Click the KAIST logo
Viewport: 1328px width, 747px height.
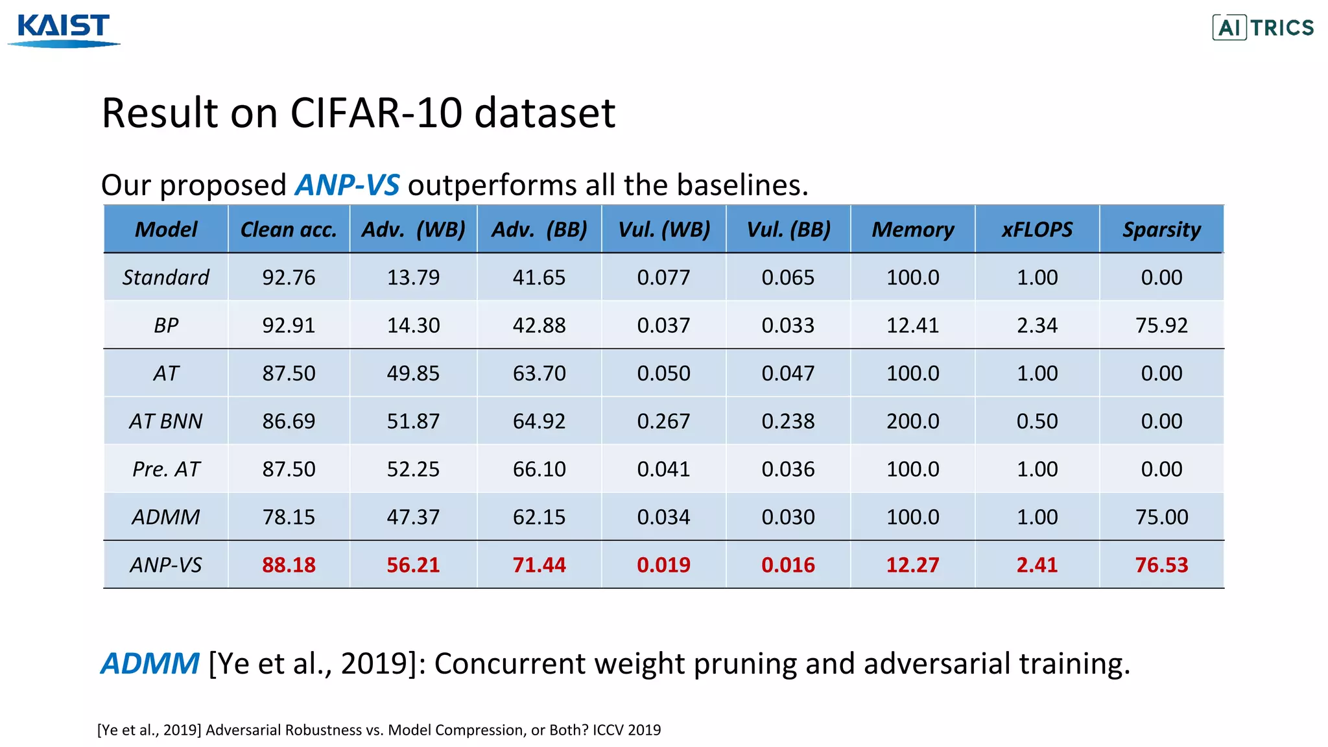click(64, 29)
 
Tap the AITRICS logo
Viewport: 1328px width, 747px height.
click(1263, 28)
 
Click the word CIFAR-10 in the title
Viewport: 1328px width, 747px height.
click(376, 113)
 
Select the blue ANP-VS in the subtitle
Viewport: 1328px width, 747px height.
click(347, 185)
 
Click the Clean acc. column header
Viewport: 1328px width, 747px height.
click(289, 230)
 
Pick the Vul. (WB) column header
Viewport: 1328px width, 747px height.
click(664, 230)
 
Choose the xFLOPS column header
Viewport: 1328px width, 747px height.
click(1037, 230)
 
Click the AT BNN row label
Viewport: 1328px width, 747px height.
click(166, 421)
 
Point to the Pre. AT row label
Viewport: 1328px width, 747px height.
click(166, 469)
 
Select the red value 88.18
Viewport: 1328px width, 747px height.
click(289, 565)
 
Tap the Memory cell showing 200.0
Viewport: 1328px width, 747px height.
click(912, 421)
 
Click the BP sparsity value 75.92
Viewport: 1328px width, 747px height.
click(1161, 326)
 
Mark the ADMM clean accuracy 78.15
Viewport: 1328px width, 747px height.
click(289, 517)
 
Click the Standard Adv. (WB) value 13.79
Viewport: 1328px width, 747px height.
click(413, 278)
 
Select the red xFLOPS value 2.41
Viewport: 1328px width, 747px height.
click(1037, 565)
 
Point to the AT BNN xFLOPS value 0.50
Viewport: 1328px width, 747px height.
click(1037, 421)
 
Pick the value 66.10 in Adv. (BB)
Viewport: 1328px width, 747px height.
click(539, 469)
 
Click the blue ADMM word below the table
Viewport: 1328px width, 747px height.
click(150, 664)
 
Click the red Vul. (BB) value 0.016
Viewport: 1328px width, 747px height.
click(788, 565)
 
